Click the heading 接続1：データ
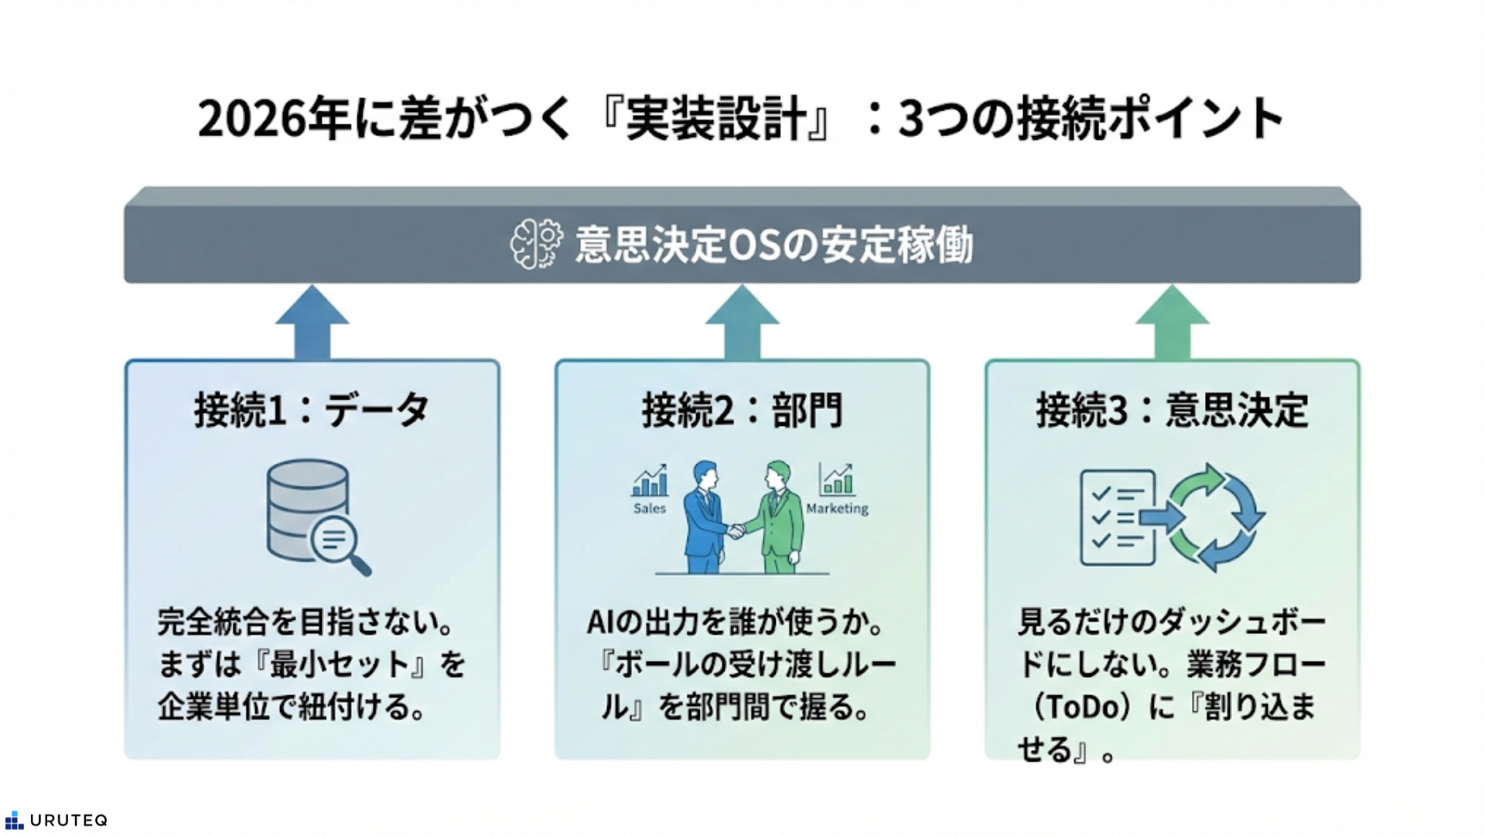coord(312,410)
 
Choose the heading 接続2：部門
coord(742,410)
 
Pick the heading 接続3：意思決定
coord(1172,410)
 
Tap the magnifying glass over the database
coord(338,543)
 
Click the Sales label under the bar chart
coord(650,509)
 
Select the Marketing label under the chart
coord(837,509)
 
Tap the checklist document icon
coord(1117,517)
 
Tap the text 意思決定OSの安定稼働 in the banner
coord(773,245)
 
